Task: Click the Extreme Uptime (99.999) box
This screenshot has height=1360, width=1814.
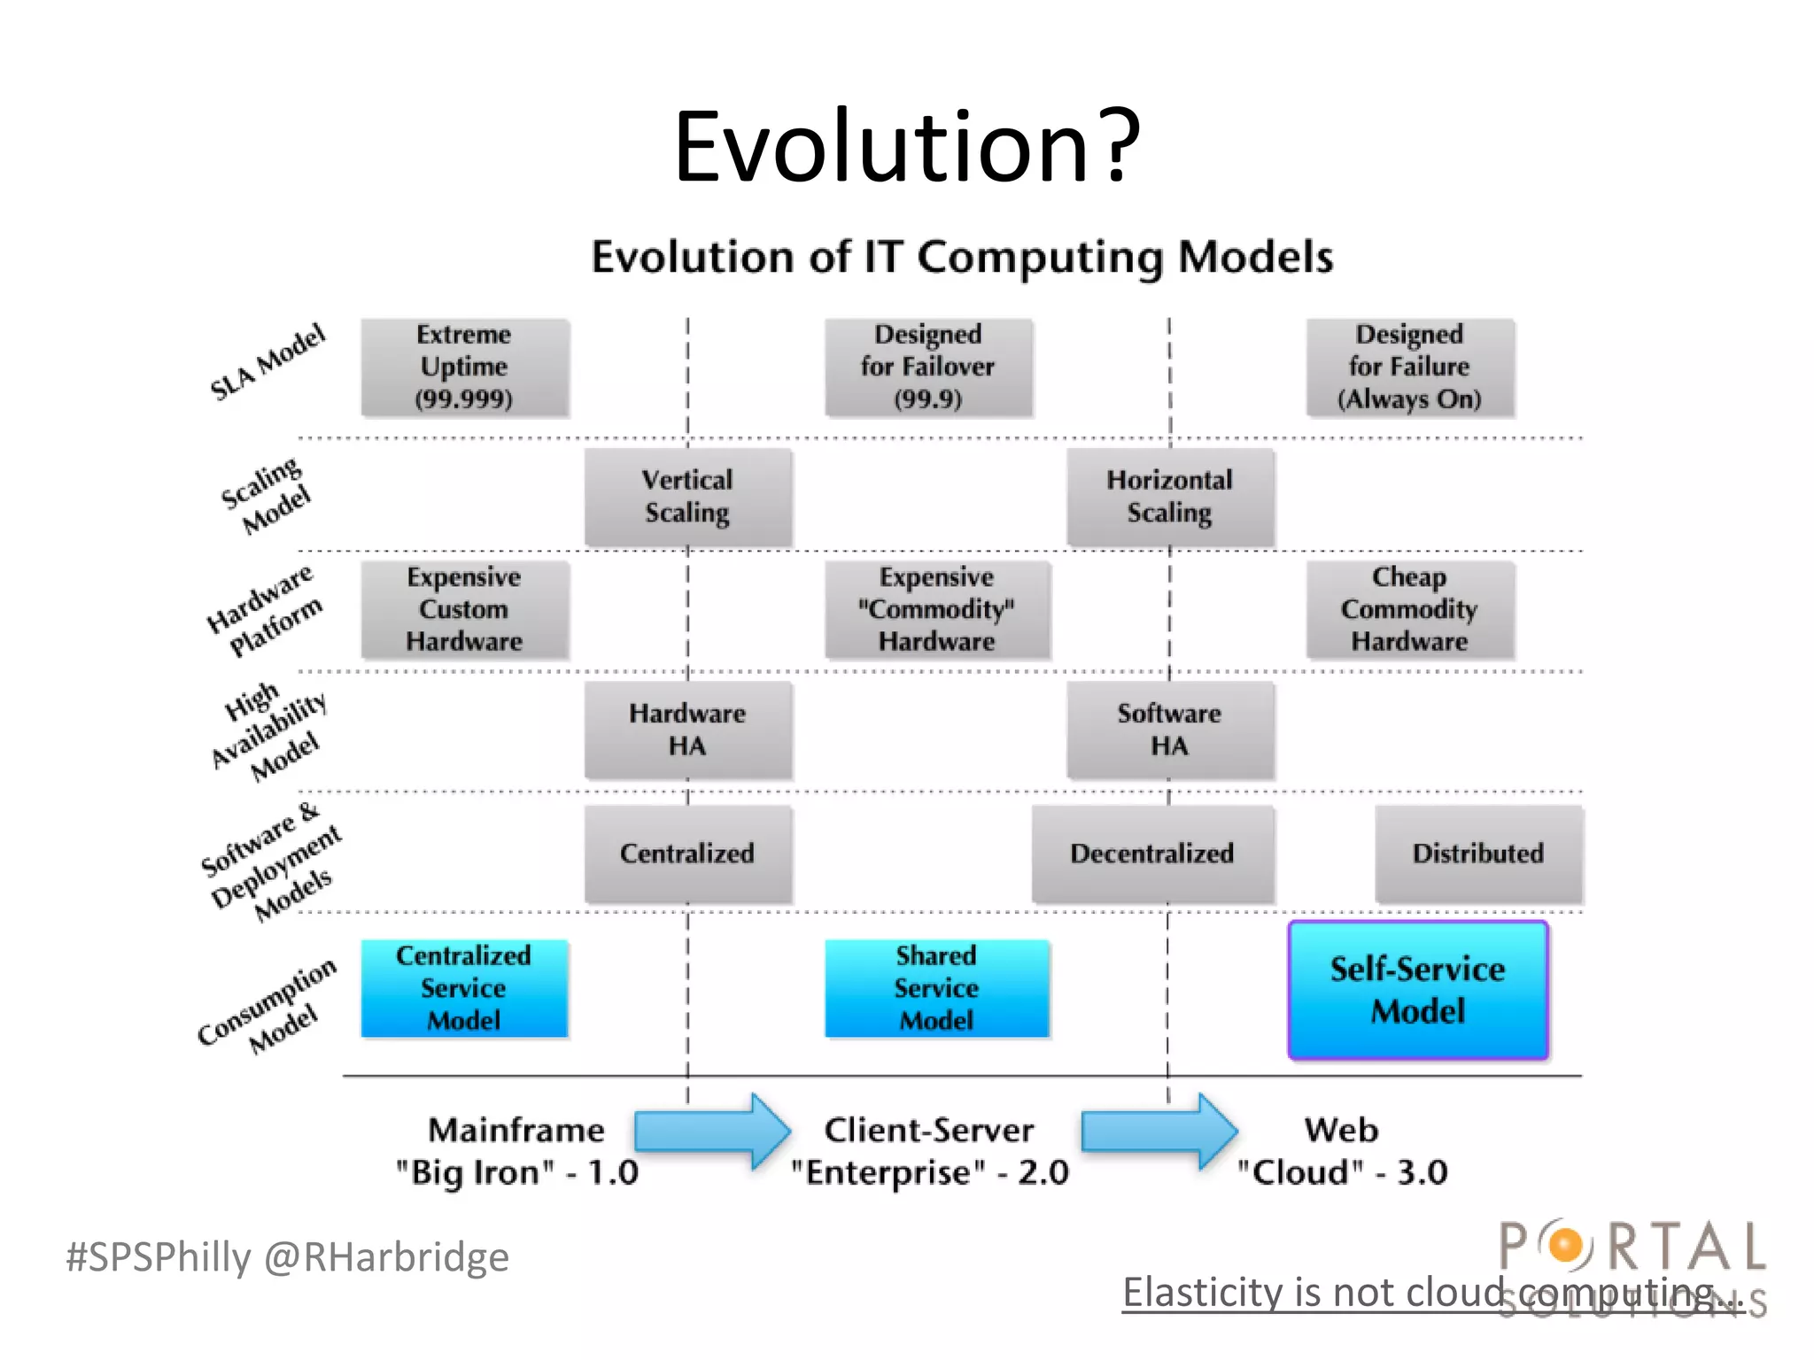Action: tap(464, 367)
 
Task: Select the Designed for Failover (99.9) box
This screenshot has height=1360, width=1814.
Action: tap(928, 367)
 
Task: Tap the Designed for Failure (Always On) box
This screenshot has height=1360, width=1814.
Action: tap(1409, 367)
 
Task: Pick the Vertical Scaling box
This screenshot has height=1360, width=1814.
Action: tap(687, 497)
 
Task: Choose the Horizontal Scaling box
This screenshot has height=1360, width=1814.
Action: tap(1169, 497)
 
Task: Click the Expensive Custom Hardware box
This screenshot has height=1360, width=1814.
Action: tap(464, 609)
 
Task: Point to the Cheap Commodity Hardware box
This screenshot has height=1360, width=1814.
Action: tap(1409, 609)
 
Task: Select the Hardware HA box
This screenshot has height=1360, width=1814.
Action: tap(687, 730)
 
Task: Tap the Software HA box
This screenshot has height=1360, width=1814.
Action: tap(1169, 730)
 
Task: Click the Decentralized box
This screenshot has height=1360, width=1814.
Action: tap(1151, 854)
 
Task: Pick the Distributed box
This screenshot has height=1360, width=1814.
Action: tap(1477, 854)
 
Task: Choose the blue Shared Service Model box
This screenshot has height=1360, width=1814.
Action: tap(936, 988)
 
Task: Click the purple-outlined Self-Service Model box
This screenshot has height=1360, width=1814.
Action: tap(1417, 990)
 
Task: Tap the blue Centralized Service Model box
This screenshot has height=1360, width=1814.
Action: tap(464, 988)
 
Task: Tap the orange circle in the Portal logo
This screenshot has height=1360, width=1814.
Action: tap(1566, 1245)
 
